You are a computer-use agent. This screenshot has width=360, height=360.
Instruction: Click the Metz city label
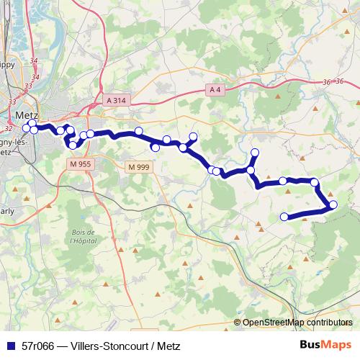point(26,114)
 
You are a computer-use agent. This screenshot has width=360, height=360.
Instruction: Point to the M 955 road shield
point(81,164)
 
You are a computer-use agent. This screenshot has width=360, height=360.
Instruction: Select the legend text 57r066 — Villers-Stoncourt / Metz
point(101,346)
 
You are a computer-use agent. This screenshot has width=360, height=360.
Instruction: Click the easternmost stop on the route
point(333,205)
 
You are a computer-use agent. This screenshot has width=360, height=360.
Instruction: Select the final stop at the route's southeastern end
point(284,216)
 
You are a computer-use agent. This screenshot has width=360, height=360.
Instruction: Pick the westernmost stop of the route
point(27,128)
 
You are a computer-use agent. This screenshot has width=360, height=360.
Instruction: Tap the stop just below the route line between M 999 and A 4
point(155,148)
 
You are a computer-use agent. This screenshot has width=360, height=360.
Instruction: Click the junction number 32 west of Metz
point(9,128)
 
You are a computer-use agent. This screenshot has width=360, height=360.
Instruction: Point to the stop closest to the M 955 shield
point(73,145)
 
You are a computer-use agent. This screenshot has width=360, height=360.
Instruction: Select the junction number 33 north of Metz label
point(29,86)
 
